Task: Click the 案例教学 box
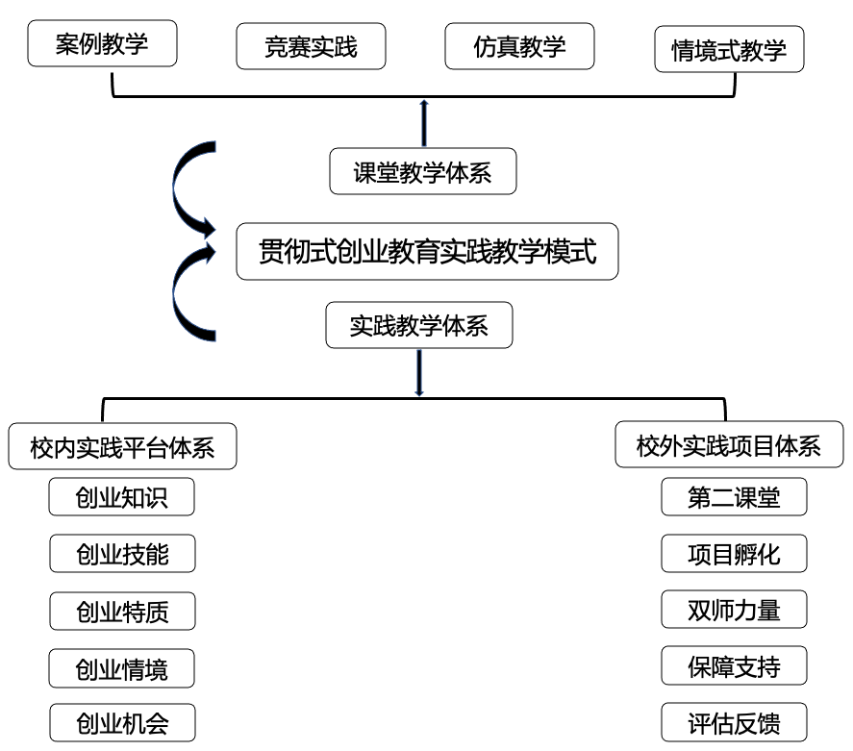[102, 43]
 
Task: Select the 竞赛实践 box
[312, 46]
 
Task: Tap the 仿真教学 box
[519, 46]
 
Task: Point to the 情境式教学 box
[729, 49]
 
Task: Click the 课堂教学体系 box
[423, 171]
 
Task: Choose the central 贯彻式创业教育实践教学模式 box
[427, 251]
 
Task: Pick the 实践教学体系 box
[419, 325]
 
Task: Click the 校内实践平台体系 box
[122, 446]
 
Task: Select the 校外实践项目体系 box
[729, 444]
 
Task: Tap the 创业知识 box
[121, 497]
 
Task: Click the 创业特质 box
[122, 612]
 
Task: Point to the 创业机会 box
[122, 723]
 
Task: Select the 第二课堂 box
[734, 497]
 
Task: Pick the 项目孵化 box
[734, 554]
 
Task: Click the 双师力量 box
[734, 610]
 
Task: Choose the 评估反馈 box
[734, 723]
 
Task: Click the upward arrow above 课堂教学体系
[424, 123]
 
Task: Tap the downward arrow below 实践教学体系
[419, 372]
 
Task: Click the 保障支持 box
[734, 665]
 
